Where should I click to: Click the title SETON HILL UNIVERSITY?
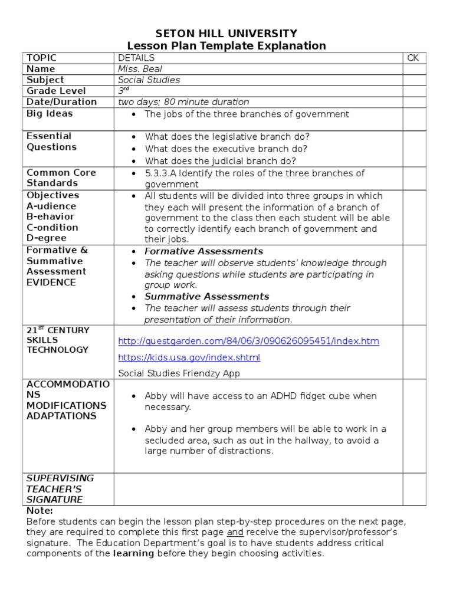click(x=226, y=34)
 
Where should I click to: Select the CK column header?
click(x=413, y=58)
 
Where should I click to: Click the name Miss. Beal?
click(x=140, y=69)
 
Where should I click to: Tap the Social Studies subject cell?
click(x=149, y=80)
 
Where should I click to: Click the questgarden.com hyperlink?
click(x=248, y=342)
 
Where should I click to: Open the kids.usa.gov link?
click(x=189, y=357)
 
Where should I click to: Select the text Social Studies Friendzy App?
click(x=179, y=373)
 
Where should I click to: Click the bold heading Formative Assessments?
click(x=204, y=251)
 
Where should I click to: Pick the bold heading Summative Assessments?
click(x=207, y=297)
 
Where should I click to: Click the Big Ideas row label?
click(x=50, y=113)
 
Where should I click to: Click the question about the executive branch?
click(x=226, y=149)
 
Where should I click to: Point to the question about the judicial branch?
click(x=221, y=161)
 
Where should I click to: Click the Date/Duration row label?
click(x=62, y=102)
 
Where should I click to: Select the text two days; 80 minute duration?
click(x=183, y=102)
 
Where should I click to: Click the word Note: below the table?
click(x=40, y=511)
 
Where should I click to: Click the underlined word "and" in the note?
click(x=234, y=533)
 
